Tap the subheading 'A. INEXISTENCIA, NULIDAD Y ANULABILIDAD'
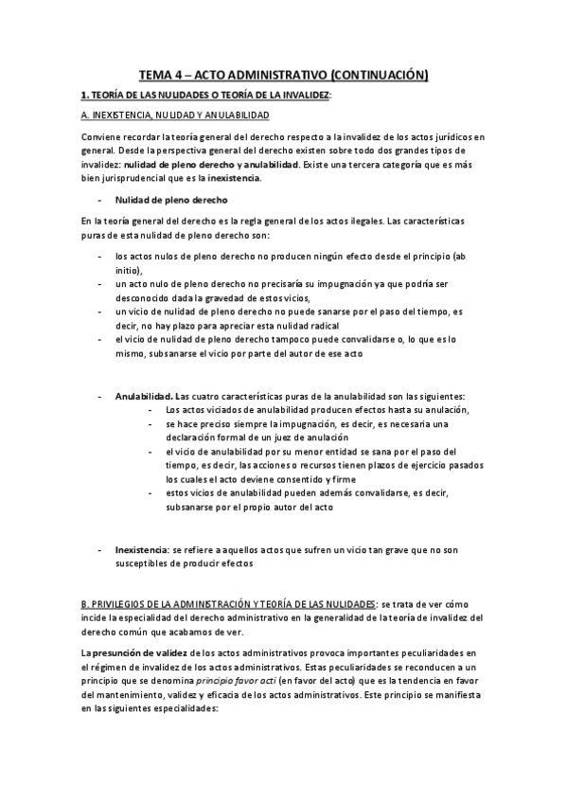[x=176, y=116]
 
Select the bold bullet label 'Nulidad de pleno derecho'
[x=170, y=201]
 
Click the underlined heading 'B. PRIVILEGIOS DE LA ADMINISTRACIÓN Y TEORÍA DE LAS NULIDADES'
[x=228, y=603]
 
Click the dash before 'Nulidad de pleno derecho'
[x=100, y=201]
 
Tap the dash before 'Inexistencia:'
[x=100, y=548]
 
